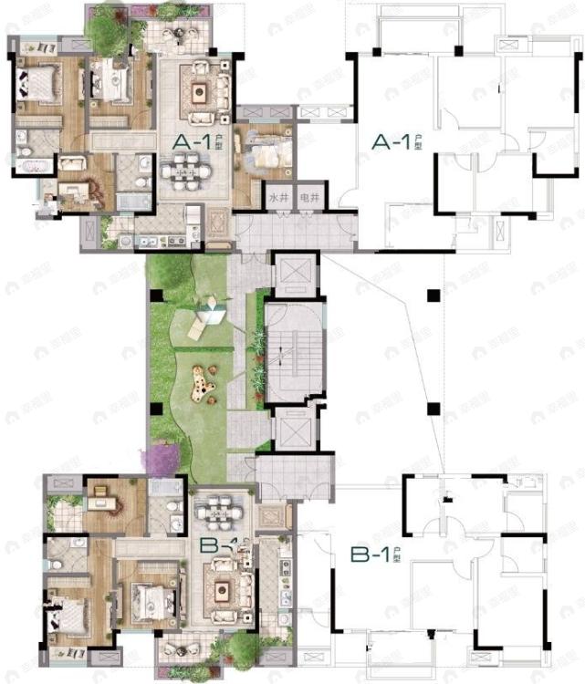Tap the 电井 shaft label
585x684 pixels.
point(311,197)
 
